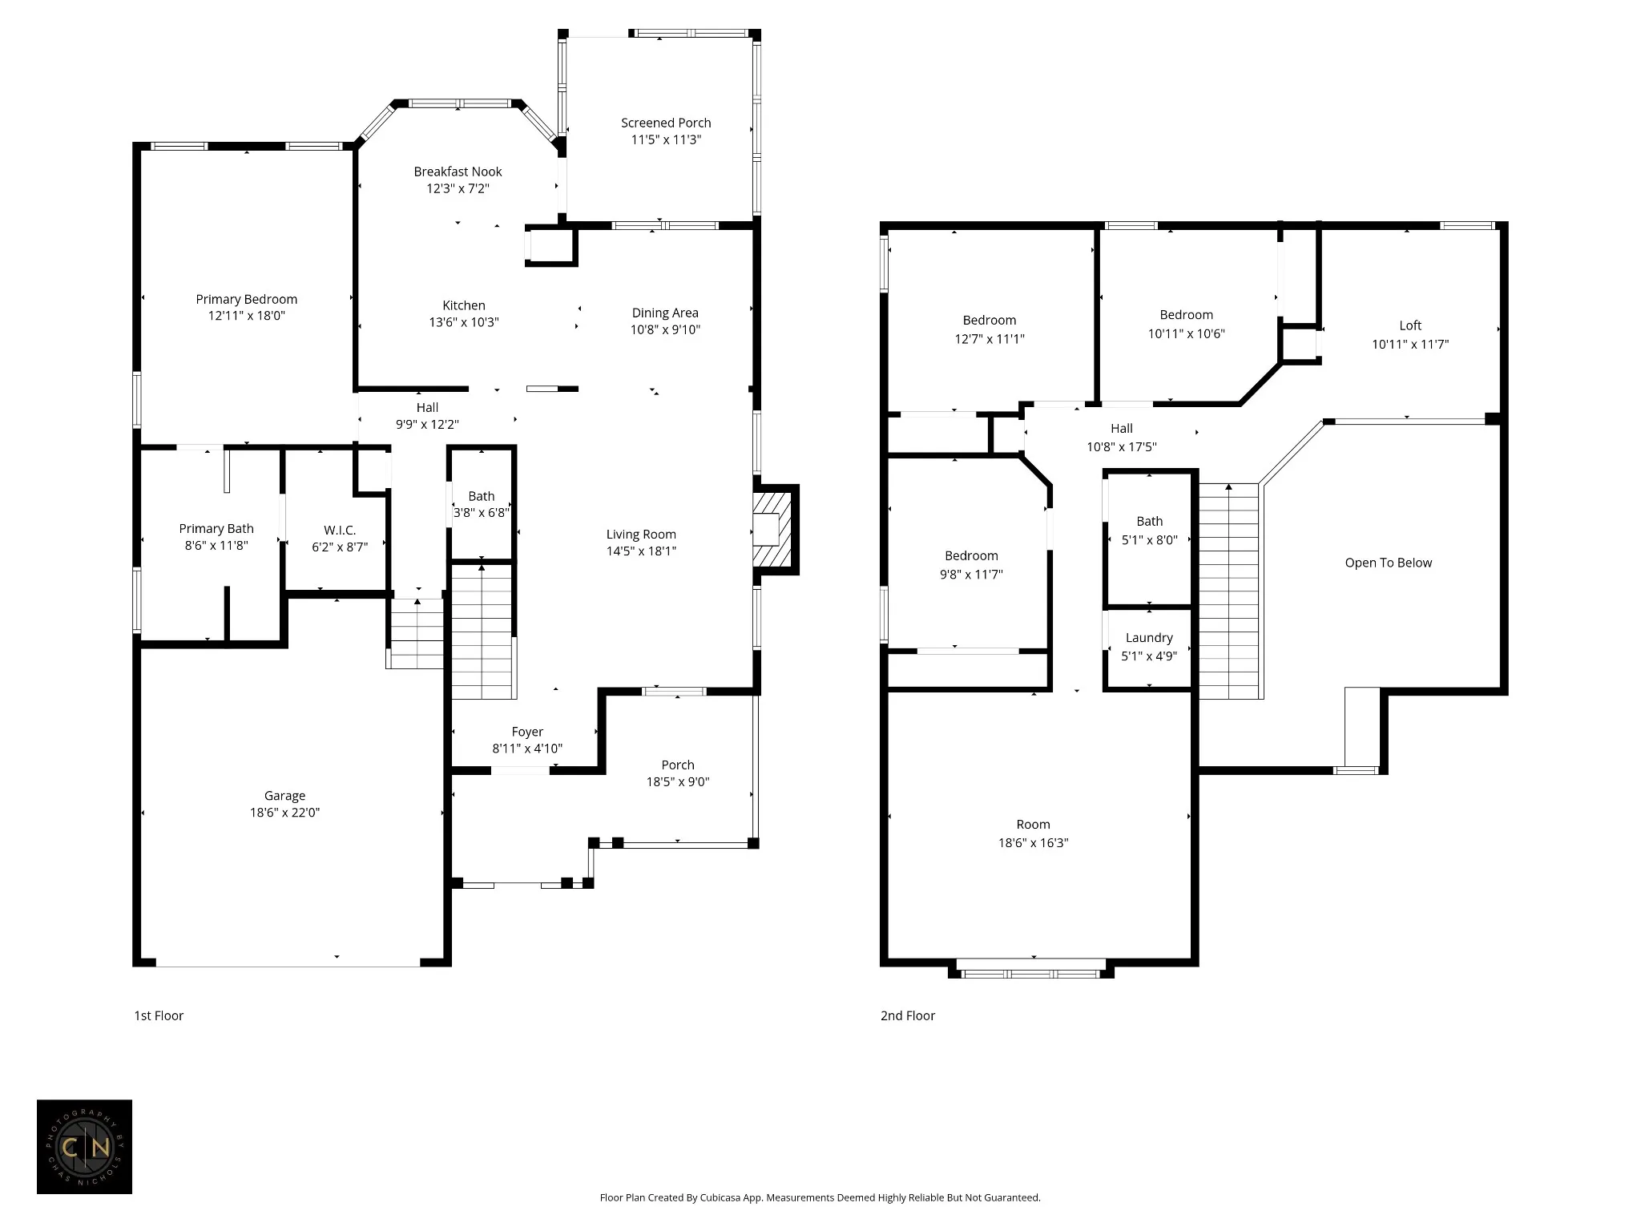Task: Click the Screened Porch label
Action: [x=666, y=123]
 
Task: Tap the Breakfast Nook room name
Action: [x=458, y=172]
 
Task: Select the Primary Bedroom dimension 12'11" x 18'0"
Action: [x=247, y=316]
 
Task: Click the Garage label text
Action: [x=284, y=796]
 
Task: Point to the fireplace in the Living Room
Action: [x=772, y=529]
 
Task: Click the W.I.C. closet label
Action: [x=340, y=531]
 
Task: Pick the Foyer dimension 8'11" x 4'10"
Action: [x=527, y=749]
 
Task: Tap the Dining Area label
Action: [x=665, y=313]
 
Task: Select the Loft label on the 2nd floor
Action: [x=1410, y=325]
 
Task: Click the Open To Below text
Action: [x=1389, y=563]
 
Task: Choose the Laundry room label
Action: [x=1149, y=638]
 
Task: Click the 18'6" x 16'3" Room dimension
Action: [x=1033, y=842]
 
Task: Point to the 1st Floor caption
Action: [x=159, y=1015]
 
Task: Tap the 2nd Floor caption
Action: [x=908, y=1015]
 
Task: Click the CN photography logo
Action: [x=84, y=1147]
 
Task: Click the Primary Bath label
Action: [x=216, y=529]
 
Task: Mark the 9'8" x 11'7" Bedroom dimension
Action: [x=971, y=574]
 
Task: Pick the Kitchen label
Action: [x=464, y=305]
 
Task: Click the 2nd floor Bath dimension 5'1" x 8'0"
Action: [x=1150, y=540]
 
